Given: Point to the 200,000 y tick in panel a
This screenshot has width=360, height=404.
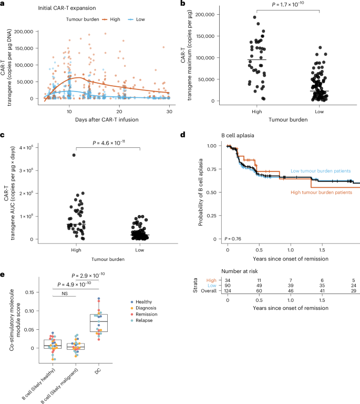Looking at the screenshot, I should (33, 32).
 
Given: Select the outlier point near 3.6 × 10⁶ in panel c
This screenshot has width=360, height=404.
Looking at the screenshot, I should (74, 155).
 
